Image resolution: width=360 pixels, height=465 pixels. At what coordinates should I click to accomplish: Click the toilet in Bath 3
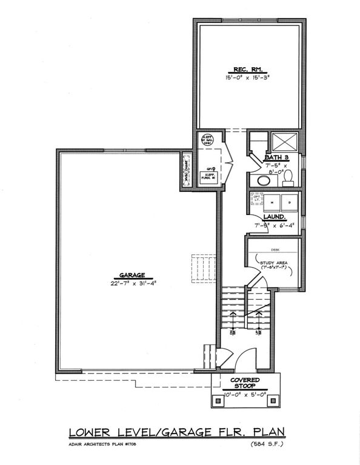click(290, 177)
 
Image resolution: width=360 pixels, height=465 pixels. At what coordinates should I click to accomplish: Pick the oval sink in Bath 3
click(264, 180)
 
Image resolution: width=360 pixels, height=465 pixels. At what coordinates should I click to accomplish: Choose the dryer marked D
click(290, 202)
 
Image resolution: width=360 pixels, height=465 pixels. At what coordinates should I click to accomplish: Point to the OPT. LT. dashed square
click(257, 200)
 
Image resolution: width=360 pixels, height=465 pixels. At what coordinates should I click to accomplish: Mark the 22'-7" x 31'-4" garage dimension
click(129, 282)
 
